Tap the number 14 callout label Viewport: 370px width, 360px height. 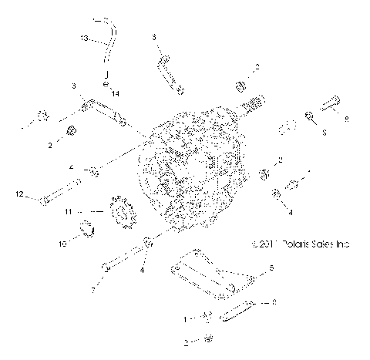(116, 93)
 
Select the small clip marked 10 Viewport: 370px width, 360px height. (87, 228)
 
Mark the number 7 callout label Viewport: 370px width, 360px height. (93, 291)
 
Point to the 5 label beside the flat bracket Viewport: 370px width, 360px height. (271, 267)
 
